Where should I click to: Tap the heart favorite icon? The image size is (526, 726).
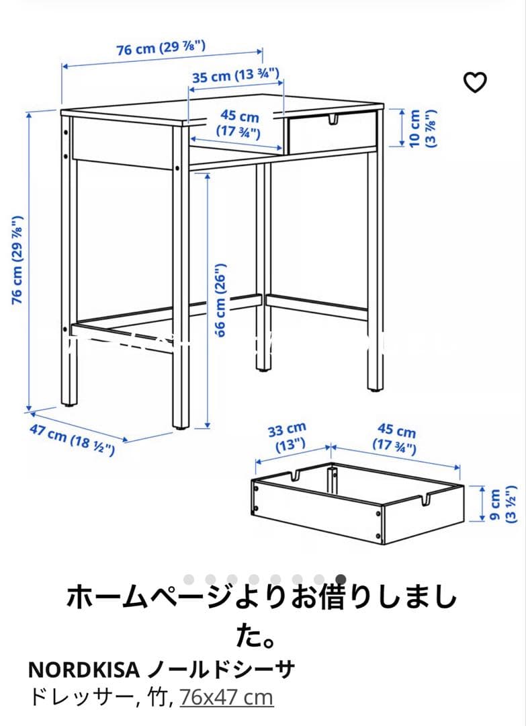[x=476, y=82]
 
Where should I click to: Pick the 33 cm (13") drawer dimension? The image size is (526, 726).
[x=287, y=436]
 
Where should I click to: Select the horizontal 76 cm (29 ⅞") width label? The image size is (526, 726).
[x=161, y=48]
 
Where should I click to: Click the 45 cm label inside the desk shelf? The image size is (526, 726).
[x=239, y=124]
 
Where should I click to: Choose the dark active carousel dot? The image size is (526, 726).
[x=341, y=579]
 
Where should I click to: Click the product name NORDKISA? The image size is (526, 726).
[x=84, y=670]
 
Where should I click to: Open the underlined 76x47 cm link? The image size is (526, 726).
[x=226, y=697]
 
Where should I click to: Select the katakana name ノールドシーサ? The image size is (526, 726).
[x=221, y=670]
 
